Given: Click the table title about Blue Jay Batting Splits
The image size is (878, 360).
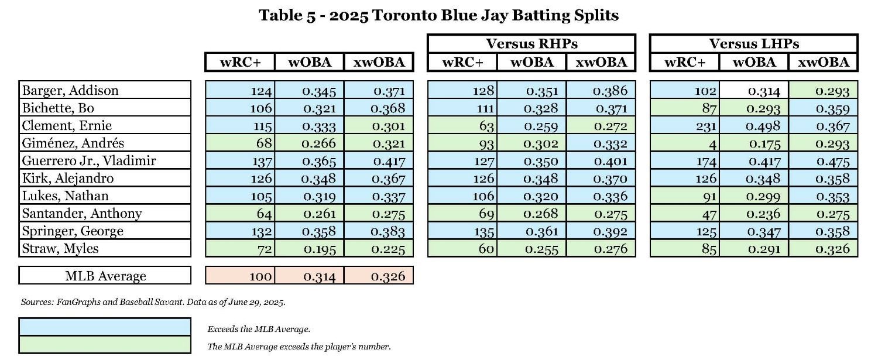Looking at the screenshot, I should pyautogui.click(x=438, y=16).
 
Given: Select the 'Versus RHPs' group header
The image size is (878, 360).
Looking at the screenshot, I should pyautogui.click(x=531, y=44).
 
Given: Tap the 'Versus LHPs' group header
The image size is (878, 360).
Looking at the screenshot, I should pyautogui.click(x=753, y=44).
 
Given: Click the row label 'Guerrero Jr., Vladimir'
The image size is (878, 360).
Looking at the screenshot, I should pyautogui.click(x=88, y=160).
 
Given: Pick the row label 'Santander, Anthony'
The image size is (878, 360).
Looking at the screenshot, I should pyautogui.click(x=82, y=213).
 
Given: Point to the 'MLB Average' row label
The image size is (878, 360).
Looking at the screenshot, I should pyautogui.click(x=105, y=276).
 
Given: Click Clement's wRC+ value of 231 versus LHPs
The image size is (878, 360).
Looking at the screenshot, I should pyautogui.click(x=684, y=125).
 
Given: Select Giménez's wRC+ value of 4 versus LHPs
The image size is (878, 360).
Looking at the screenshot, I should pyautogui.click(x=684, y=143).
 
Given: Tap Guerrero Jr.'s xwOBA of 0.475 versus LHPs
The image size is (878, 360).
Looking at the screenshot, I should pyautogui.click(x=823, y=160).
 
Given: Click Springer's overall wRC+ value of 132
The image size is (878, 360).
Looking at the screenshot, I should pyautogui.click(x=240, y=231).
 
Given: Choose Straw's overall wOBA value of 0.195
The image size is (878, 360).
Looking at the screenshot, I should pyautogui.click(x=309, y=248).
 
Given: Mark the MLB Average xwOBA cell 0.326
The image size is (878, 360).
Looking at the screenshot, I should pyautogui.click(x=379, y=276).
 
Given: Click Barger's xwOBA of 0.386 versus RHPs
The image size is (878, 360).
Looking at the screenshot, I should pyautogui.click(x=601, y=90).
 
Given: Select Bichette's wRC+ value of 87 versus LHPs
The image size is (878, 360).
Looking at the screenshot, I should pyautogui.click(x=684, y=108).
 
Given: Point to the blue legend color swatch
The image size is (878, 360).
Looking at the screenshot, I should pyautogui.click(x=105, y=327).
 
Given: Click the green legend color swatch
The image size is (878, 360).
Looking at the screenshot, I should pyautogui.click(x=105, y=345).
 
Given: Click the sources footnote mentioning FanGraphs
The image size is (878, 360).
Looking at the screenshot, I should pyautogui.click(x=153, y=302).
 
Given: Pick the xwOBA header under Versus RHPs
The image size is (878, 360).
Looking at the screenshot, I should pyautogui.click(x=601, y=62).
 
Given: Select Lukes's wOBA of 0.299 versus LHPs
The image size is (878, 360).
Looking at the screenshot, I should pyautogui.click(x=754, y=196).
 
